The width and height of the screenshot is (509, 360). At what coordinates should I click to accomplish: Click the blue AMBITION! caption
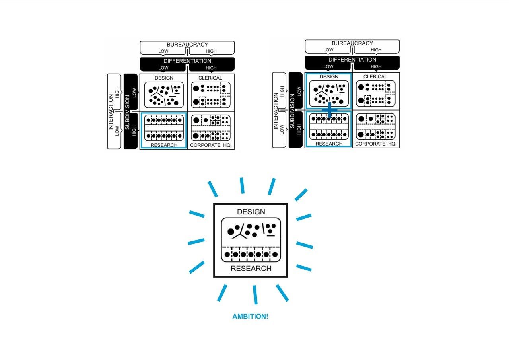(x=250, y=317)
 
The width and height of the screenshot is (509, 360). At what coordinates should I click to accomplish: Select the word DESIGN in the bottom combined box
(x=251, y=212)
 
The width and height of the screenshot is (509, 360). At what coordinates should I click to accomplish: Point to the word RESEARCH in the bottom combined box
(x=251, y=269)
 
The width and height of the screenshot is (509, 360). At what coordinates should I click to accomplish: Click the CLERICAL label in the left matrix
(x=210, y=78)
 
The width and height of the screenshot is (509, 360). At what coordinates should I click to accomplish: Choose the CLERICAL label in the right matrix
(x=375, y=76)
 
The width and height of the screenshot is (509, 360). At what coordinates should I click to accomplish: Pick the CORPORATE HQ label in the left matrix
(x=210, y=145)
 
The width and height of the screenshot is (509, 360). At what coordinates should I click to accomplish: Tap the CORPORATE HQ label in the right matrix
(x=375, y=144)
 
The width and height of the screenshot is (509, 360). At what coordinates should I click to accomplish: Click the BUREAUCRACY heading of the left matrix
(x=187, y=45)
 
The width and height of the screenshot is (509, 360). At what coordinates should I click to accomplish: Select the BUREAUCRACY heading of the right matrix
(x=352, y=43)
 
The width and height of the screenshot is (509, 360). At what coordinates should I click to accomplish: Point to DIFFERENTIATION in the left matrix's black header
(x=187, y=61)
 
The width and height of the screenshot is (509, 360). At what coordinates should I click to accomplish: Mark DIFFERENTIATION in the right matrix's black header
(x=352, y=60)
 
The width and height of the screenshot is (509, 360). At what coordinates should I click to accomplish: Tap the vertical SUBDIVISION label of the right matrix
(x=292, y=110)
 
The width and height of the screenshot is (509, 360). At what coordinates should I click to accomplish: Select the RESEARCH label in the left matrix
(x=164, y=145)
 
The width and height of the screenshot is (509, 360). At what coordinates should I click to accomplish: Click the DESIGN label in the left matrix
(x=164, y=78)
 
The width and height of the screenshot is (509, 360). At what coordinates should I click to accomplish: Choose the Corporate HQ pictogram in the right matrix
(x=376, y=126)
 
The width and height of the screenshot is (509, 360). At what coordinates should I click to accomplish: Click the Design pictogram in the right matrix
(x=329, y=93)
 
